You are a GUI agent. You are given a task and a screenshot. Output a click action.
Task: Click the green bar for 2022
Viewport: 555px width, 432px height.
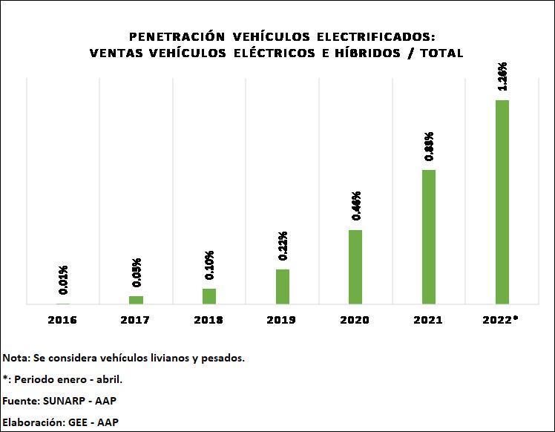502,202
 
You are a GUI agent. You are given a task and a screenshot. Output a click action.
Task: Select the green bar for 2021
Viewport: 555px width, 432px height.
429,237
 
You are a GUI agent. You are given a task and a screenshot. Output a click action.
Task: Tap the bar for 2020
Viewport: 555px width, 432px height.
355,266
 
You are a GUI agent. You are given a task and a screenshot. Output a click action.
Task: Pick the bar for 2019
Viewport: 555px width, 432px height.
283,287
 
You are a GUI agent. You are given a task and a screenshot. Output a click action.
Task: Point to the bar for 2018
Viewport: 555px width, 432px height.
209,296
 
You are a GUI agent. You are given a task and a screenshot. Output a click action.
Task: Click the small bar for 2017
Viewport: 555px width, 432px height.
136,300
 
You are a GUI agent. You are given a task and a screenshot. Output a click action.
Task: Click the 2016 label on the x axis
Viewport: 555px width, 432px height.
62,320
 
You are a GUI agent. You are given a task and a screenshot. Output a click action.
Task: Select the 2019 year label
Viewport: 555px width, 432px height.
282,320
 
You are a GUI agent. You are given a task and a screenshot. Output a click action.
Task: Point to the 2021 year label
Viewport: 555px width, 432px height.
429,320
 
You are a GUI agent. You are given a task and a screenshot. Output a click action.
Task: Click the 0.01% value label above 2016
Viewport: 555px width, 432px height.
64,280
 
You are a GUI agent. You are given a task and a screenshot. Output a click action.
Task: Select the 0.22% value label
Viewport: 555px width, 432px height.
283,246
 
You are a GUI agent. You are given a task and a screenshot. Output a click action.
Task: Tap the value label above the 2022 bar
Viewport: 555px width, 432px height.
503,76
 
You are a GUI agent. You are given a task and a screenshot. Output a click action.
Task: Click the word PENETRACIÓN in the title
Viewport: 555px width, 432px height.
177,36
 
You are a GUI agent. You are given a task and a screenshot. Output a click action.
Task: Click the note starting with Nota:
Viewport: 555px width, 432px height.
123,358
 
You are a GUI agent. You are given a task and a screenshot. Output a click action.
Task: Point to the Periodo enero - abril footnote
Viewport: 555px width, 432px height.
67,379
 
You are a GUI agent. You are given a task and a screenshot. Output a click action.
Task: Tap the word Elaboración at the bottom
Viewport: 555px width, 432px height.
32,422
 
